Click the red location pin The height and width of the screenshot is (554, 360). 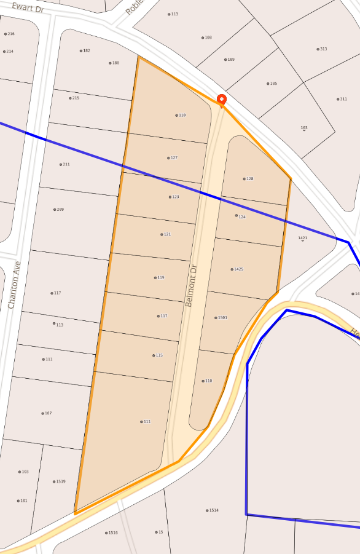pos(222,100)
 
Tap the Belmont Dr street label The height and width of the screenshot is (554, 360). pos(193,286)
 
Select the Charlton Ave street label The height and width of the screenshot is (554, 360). pos(14,285)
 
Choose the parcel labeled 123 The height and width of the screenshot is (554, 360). pos(174,197)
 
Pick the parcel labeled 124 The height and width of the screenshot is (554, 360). pos(241,216)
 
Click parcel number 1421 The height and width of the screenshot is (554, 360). pos(302,238)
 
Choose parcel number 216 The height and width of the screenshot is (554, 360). pos(10,34)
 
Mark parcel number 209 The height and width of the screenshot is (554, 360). pos(59,210)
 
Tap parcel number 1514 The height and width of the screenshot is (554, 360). pos(213,510)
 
